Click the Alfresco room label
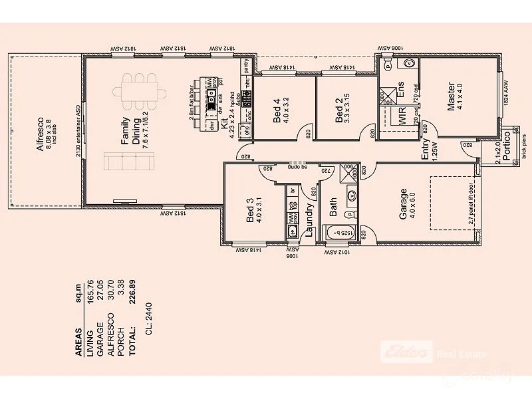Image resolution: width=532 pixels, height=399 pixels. point(41,133)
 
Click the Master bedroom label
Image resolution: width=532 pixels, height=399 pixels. point(452,97)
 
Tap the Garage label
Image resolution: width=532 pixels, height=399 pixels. point(403,204)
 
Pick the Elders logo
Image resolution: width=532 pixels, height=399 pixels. point(406,352)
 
